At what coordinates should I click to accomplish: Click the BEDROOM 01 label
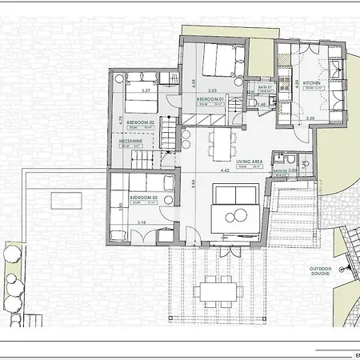(x=210, y=99)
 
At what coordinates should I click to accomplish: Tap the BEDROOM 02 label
(x=140, y=122)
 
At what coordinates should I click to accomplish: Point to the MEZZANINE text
(x=130, y=140)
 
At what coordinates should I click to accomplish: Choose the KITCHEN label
(x=312, y=82)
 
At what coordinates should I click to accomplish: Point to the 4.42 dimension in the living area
(x=226, y=170)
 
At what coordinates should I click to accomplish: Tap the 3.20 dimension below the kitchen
(x=310, y=118)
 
